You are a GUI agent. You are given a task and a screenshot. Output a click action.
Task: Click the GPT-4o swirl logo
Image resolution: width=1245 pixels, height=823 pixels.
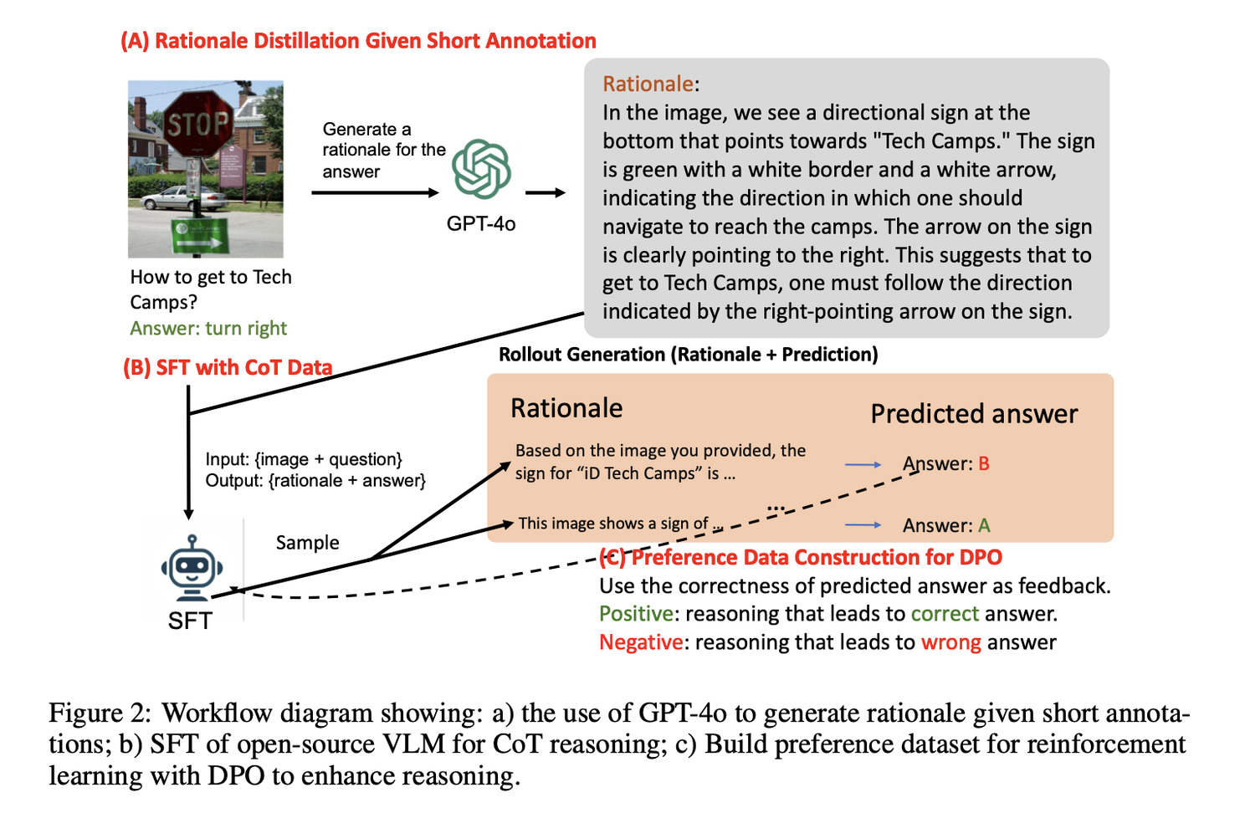(x=481, y=169)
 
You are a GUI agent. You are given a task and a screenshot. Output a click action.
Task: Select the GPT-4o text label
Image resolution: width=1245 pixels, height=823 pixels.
(x=480, y=223)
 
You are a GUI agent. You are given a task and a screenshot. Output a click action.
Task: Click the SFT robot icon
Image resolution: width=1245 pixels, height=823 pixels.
(x=192, y=568)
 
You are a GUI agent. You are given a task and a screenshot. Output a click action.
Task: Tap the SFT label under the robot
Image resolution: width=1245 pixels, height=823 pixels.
(x=190, y=621)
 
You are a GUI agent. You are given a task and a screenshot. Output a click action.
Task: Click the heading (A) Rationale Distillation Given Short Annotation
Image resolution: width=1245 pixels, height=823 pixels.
(x=358, y=41)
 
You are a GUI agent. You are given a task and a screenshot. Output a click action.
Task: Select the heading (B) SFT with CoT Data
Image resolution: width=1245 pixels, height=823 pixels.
(x=228, y=367)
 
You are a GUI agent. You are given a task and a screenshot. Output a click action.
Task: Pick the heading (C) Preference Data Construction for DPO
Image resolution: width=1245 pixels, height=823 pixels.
(x=801, y=557)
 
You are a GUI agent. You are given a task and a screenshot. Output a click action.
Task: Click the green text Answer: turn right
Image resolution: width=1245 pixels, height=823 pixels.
(x=208, y=328)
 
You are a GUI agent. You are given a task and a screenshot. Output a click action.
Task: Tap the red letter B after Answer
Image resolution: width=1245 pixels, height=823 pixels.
(x=983, y=463)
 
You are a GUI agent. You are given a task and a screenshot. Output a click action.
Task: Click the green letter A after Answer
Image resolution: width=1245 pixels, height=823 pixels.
(x=984, y=525)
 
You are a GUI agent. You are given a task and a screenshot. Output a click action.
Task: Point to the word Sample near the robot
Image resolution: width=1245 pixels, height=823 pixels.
(x=307, y=543)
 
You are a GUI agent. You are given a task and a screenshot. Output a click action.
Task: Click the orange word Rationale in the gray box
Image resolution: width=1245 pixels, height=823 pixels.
(x=648, y=84)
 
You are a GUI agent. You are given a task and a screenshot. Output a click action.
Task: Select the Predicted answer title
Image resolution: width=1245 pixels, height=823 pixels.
(x=974, y=414)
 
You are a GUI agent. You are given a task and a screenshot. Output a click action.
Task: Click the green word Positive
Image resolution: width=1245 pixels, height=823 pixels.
(x=636, y=614)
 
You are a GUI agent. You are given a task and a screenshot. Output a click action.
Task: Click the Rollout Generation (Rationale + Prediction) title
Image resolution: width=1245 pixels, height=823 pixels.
(x=688, y=355)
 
